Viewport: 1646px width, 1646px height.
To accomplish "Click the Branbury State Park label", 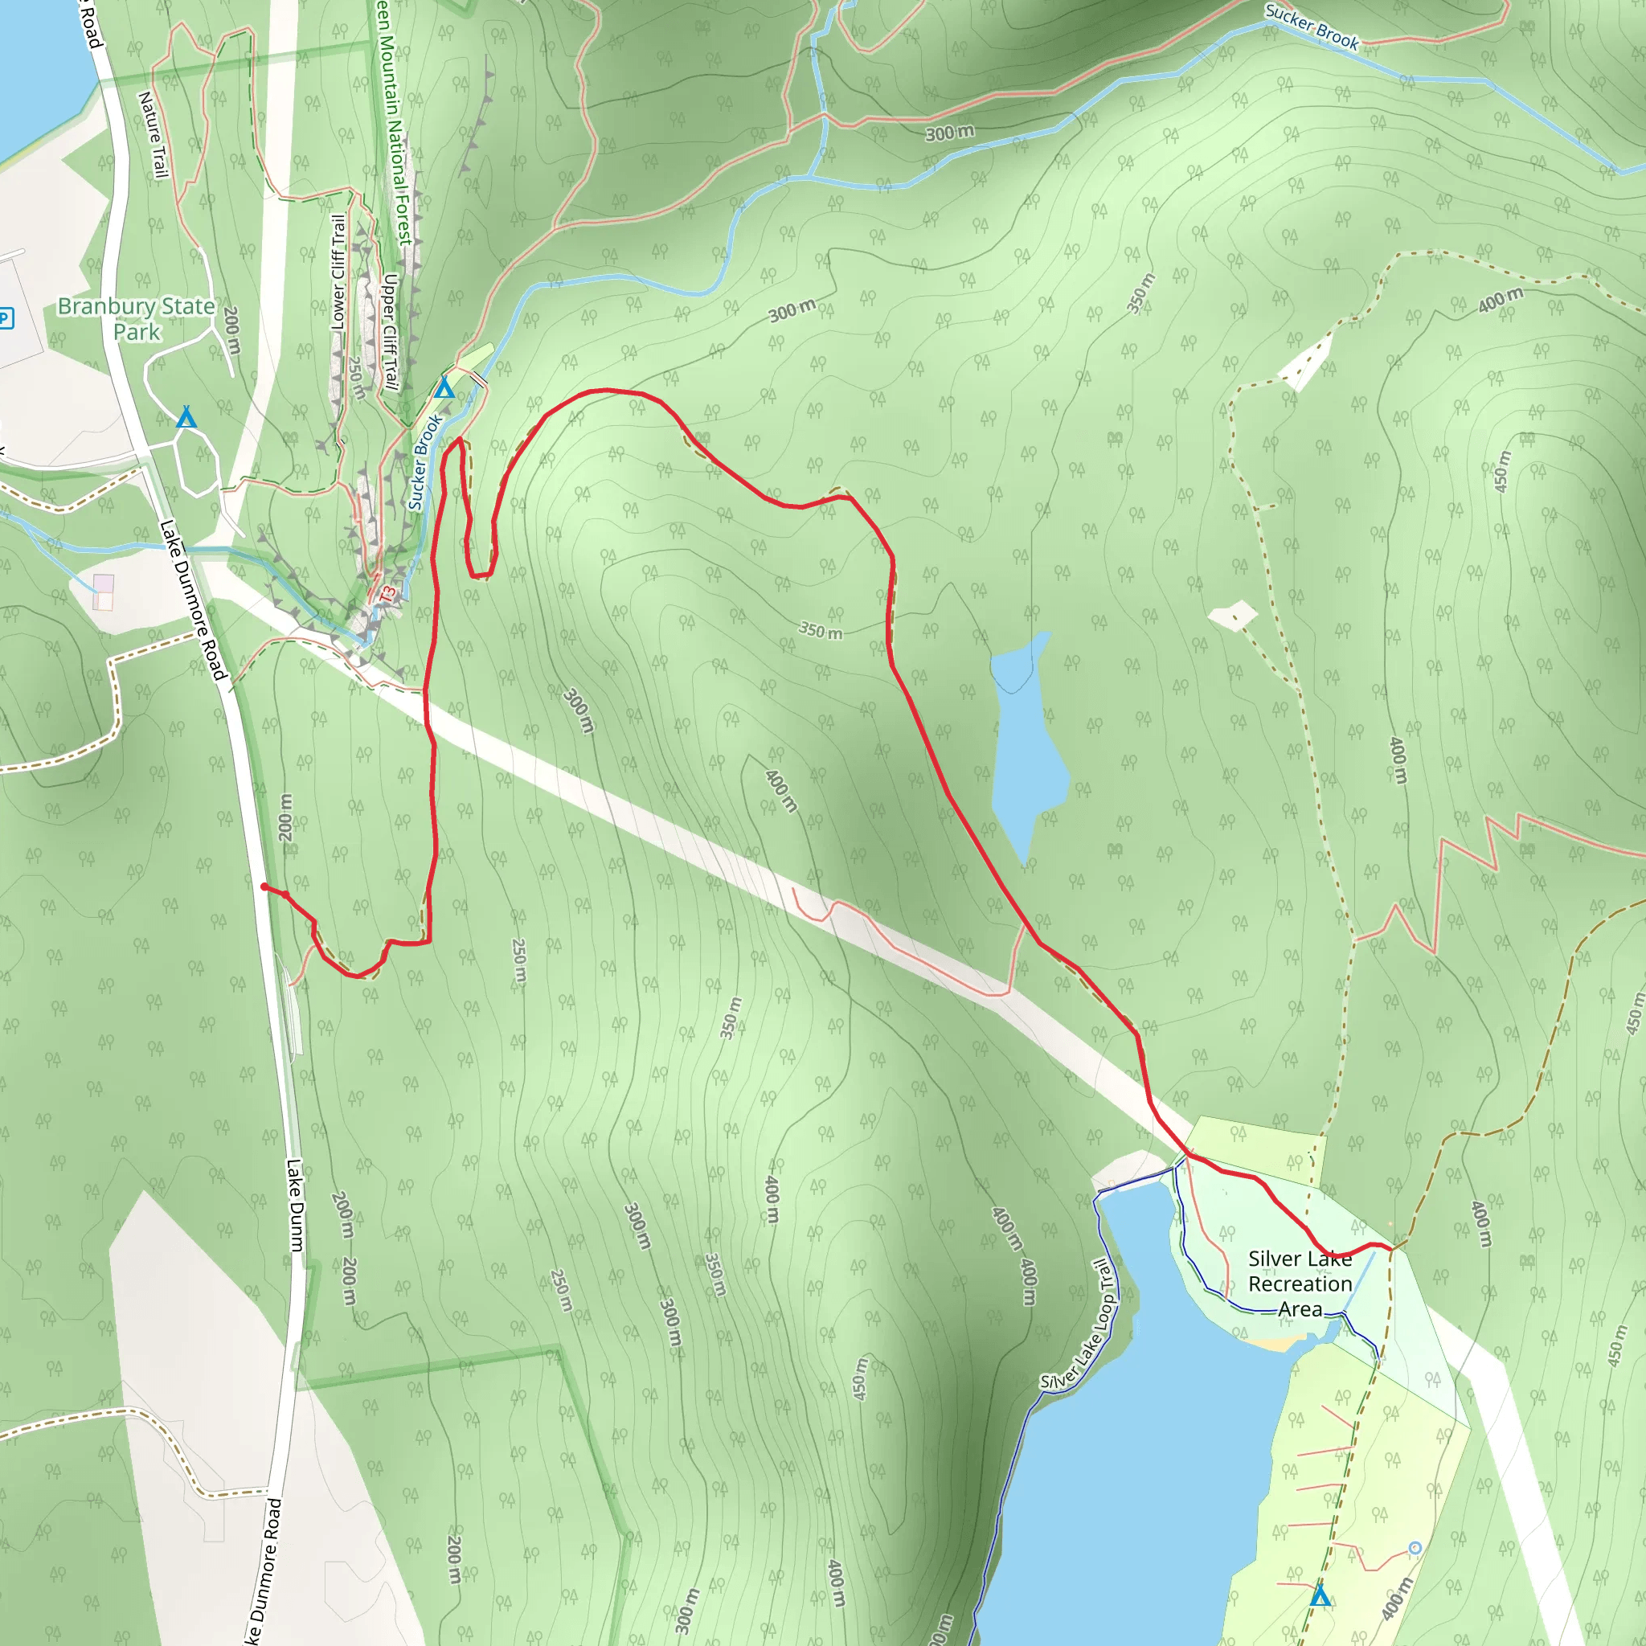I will tap(137, 318).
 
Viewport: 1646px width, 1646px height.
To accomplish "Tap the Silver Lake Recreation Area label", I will tap(1300, 1284).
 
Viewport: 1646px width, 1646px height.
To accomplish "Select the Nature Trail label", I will tap(153, 137).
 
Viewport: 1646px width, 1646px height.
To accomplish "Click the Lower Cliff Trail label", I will tap(339, 272).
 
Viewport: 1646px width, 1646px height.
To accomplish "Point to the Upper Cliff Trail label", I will tap(390, 331).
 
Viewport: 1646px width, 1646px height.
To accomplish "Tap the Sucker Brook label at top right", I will tap(1311, 27).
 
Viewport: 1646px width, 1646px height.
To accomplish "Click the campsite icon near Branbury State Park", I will tap(186, 417).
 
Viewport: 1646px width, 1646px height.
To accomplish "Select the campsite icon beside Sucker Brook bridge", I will tap(444, 388).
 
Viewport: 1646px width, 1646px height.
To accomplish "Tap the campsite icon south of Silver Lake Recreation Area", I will tap(1320, 1595).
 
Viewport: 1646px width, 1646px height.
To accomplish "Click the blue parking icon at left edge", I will tap(5, 318).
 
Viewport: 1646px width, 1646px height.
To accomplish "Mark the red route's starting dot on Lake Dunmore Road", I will tap(264, 887).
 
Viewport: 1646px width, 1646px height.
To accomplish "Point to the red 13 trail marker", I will tap(387, 594).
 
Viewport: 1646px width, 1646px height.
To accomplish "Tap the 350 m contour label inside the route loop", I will tap(820, 630).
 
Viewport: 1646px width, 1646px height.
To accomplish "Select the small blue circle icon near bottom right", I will tap(1415, 1548).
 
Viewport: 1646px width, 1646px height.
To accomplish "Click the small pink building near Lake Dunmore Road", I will tap(103, 592).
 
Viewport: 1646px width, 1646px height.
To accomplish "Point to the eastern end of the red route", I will tap(1390, 1249).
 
